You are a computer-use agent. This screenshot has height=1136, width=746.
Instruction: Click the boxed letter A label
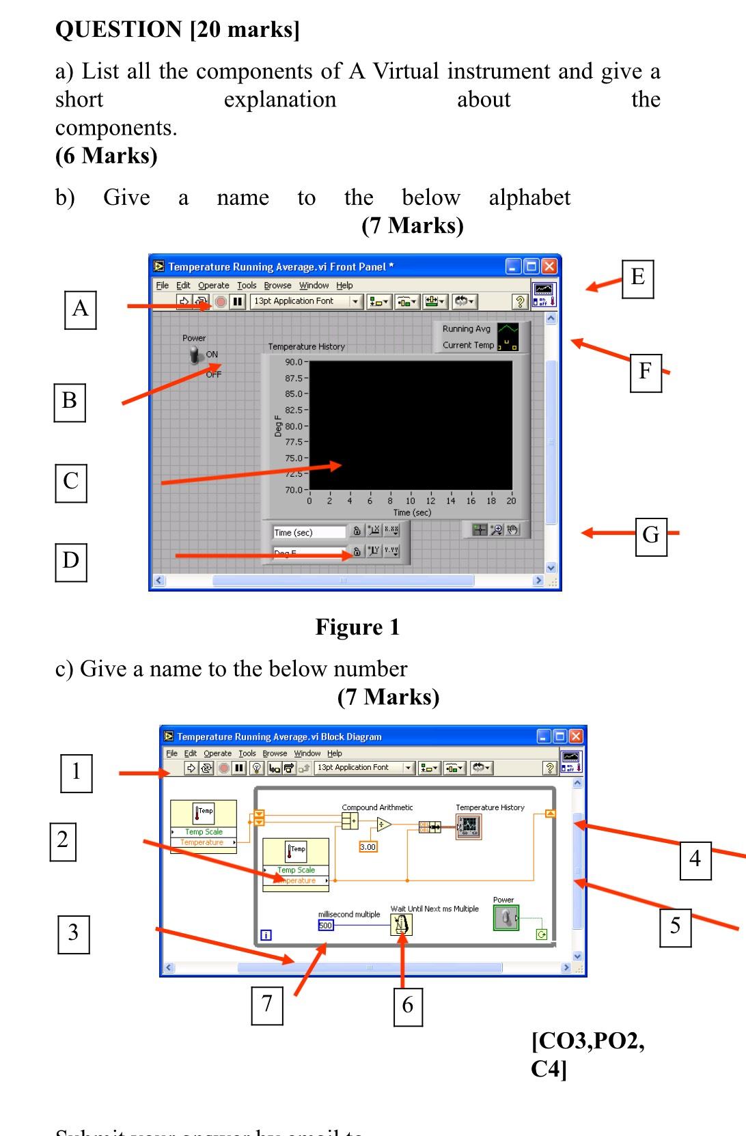click(x=80, y=309)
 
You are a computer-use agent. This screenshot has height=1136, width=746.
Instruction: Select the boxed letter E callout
click(x=637, y=278)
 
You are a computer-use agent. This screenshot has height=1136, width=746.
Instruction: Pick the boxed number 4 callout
click(x=695, y=860)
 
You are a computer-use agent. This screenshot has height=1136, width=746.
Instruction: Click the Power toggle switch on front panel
click(x=197, y=356)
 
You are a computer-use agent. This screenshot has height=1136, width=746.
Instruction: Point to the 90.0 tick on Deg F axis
click(x=294, y=362)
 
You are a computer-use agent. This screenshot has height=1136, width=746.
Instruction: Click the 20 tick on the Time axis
click(x=510, y=501)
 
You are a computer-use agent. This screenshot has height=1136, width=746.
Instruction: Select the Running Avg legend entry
click(x=467, y=329)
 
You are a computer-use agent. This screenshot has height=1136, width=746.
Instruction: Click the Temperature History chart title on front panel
click(x=307, y=347)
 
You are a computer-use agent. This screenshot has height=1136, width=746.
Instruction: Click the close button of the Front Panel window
click(x=549, y=266)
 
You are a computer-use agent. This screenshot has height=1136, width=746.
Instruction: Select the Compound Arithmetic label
click(x=377, y=807)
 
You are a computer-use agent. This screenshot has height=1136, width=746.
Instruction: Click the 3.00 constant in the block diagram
click(x=368, y=847)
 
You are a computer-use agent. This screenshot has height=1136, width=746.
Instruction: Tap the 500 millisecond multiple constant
click(x=326, y=926)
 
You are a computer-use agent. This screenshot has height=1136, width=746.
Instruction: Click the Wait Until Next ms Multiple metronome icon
click(x=402, y=925)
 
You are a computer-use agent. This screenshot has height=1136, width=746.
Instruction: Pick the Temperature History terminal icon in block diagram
click(x=469, y=827)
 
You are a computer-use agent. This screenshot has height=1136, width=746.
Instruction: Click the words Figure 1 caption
click(x=357, y=627)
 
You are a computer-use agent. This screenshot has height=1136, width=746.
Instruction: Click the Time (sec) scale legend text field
click(x=309, y=533)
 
